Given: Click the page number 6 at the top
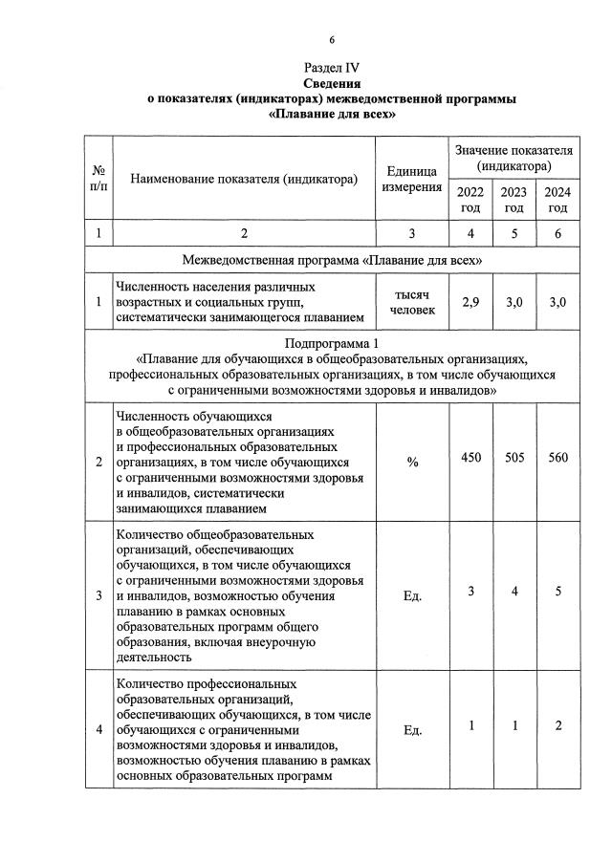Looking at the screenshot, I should [x=331, y=39].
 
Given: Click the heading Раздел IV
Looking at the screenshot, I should [x=331, y=68].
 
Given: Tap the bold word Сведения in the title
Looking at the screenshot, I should [x=331, y=83].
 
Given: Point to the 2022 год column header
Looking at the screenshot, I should [x=470, y=200].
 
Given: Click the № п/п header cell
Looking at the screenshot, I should [x=98, y=178].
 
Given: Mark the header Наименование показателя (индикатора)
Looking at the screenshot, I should [x=244, y=178].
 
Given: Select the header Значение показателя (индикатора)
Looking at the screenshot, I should [x=514, y=158].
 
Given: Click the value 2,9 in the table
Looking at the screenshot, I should [x=470, y=302].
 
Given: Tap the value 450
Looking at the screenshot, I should [x=470, y=457].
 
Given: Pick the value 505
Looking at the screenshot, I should [x=514, y=457].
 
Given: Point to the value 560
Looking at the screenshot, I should [x=557, y=457].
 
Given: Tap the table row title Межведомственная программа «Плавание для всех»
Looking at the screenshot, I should [x=331, y=260].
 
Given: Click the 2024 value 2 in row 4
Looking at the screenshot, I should [x=557, y=724].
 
